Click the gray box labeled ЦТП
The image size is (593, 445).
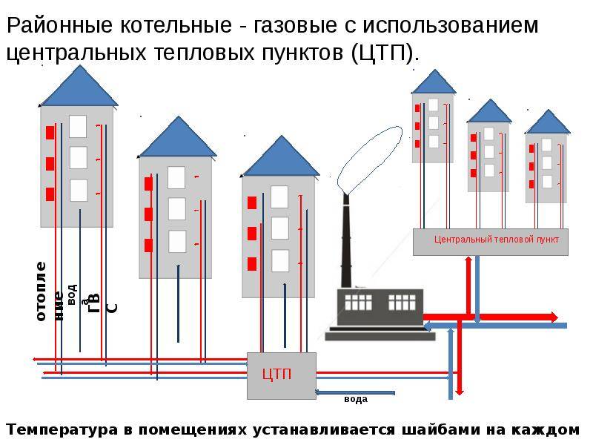(x=282, y=375)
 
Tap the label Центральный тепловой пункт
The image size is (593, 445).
(x=497, y=240)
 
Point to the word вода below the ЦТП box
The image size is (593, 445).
(x=355, y=399)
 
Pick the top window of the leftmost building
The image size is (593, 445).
(x=78, y=126)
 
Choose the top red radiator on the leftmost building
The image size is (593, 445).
(x=50, y=133)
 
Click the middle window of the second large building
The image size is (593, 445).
(x=177, y=209)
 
